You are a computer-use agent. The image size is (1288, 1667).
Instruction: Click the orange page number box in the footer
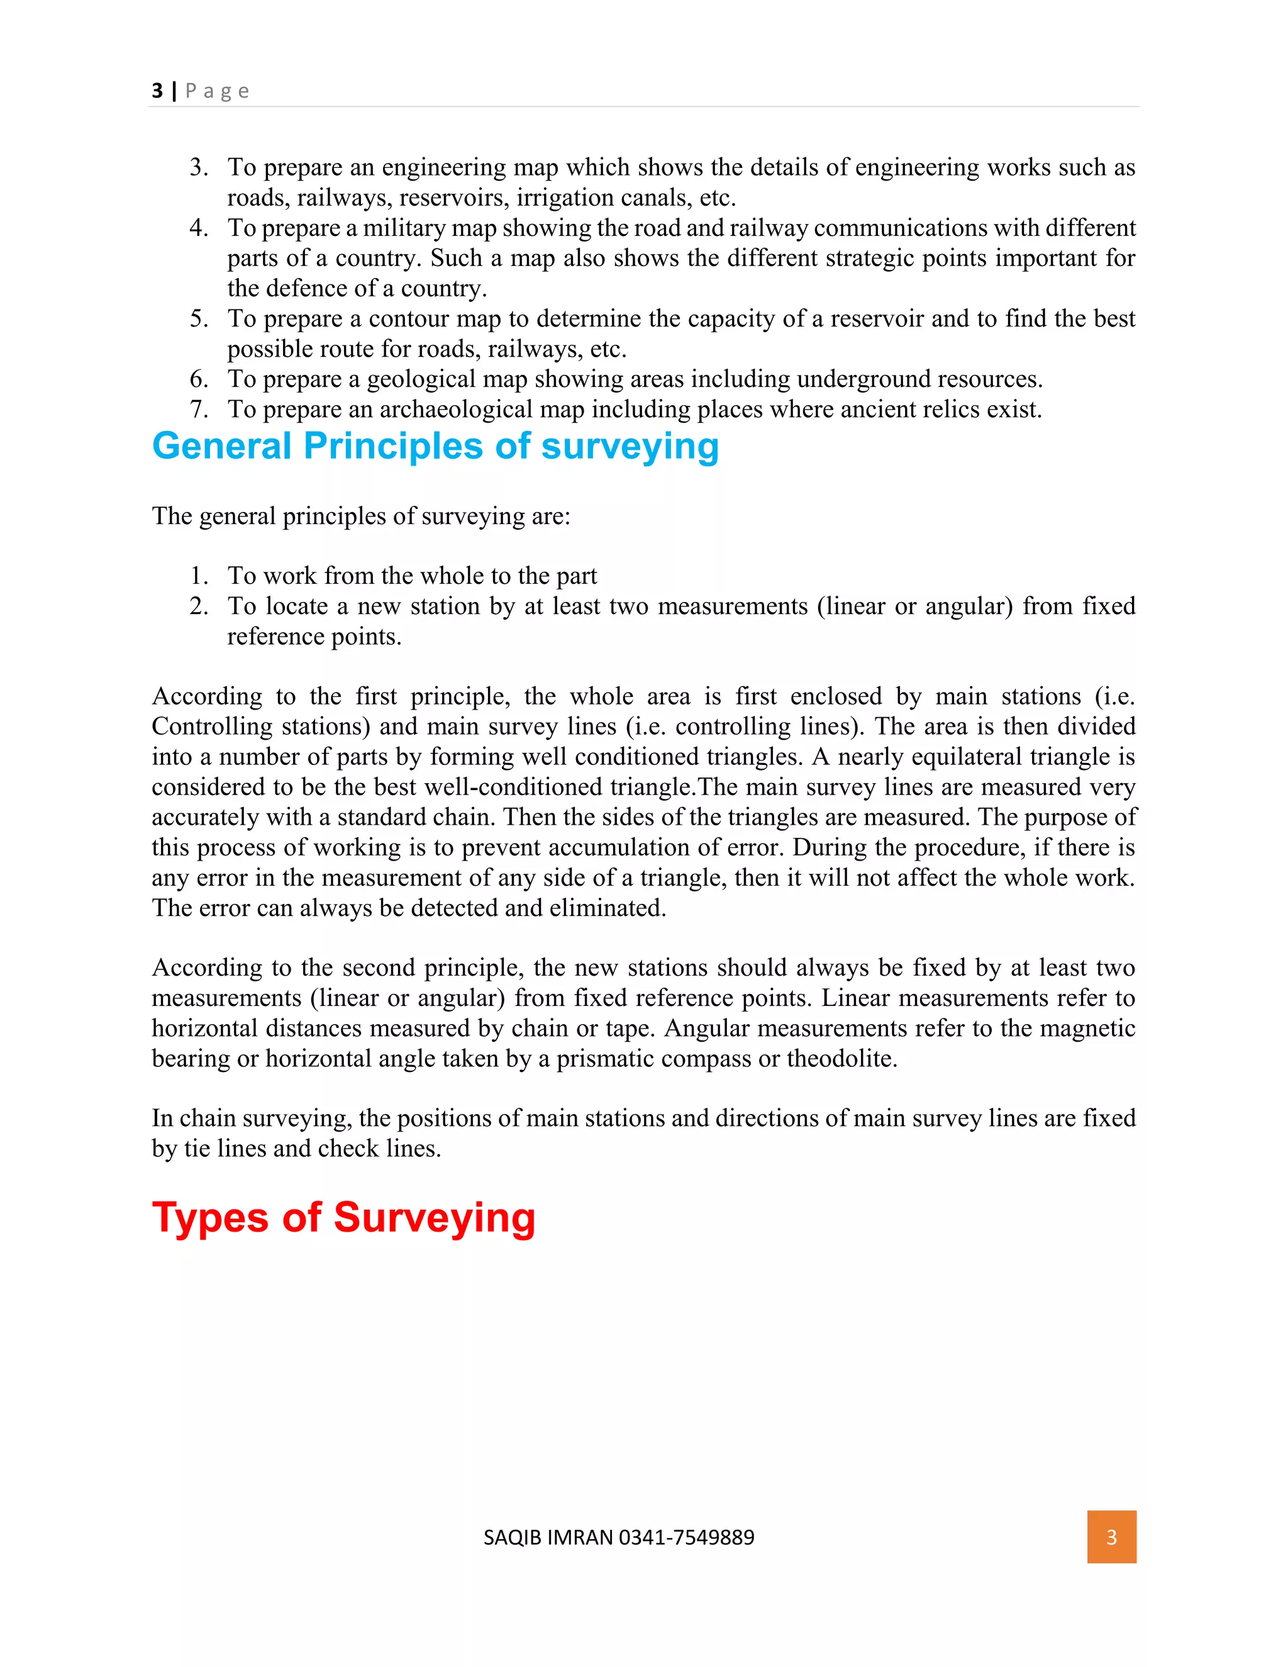click(x=1111, y=1537)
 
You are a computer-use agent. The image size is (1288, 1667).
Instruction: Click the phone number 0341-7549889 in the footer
click(x=686, y=1537)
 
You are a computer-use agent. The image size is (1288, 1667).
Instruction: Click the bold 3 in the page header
click(x=157, y=91)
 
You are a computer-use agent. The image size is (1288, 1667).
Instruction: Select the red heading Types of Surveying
click(x=343, y=1217)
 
